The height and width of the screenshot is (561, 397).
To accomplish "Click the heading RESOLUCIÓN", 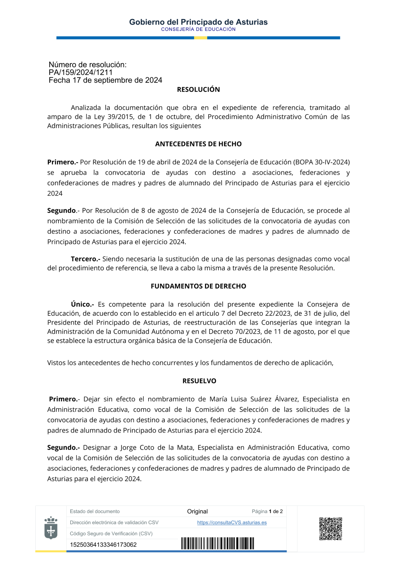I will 198,90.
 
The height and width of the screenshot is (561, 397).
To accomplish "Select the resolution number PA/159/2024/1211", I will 81,73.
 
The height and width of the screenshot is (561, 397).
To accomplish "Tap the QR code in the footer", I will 330,528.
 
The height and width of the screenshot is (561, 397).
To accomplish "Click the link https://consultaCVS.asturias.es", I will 232,523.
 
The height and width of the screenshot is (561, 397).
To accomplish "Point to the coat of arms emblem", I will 51,528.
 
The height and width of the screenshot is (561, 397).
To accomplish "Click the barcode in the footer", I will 218,543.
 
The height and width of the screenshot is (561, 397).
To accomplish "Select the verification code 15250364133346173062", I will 103,545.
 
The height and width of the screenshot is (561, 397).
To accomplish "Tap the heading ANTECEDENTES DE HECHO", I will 198,144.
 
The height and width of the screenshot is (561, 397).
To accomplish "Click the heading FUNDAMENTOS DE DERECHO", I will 198,286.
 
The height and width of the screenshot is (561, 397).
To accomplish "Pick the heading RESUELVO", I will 199,381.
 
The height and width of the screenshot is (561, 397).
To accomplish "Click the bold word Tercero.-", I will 85,259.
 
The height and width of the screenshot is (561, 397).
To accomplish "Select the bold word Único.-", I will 82,304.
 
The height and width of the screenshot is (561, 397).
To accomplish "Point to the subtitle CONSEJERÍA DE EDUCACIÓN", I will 198,29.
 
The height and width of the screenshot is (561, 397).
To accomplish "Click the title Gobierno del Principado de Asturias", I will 198,22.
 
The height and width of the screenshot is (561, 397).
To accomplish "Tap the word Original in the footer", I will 197,511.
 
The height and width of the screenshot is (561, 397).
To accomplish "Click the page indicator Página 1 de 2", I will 267,511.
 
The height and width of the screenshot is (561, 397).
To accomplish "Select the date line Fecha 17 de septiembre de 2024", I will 105,81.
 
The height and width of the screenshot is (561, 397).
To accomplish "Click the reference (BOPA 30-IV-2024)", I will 321,162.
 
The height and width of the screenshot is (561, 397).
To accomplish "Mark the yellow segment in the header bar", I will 200,38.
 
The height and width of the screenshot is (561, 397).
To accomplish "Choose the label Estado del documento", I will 94,511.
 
